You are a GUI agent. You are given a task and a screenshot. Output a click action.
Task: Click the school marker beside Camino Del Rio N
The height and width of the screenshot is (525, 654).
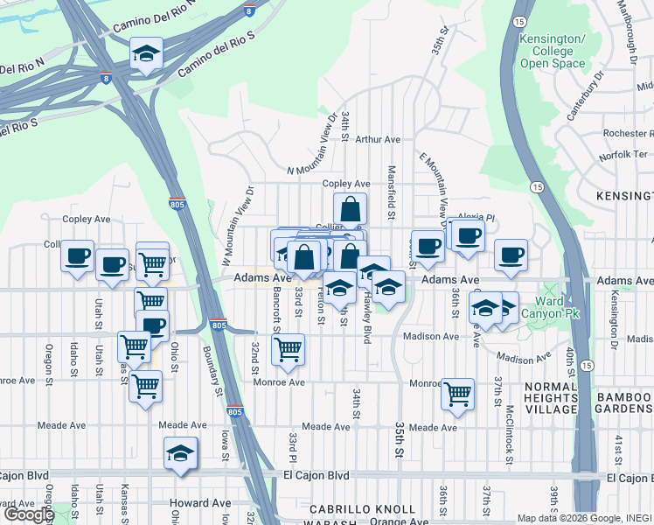146,54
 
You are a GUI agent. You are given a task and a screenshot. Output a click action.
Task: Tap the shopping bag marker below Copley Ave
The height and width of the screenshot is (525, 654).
350,210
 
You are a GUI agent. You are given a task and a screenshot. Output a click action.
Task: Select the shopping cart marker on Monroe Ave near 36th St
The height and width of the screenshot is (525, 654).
457,395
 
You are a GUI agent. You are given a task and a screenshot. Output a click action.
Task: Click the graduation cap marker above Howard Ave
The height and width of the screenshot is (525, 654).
181,454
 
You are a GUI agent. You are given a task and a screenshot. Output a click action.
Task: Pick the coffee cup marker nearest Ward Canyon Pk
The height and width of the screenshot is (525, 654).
511,255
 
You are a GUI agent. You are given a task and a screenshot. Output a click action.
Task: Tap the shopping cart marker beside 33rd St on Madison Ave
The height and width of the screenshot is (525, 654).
288,350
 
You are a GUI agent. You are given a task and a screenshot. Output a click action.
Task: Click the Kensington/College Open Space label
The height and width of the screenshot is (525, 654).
553,52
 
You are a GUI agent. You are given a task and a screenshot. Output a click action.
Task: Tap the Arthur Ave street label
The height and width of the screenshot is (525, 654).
377,139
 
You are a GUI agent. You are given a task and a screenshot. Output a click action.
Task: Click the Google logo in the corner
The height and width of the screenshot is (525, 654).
28,514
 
